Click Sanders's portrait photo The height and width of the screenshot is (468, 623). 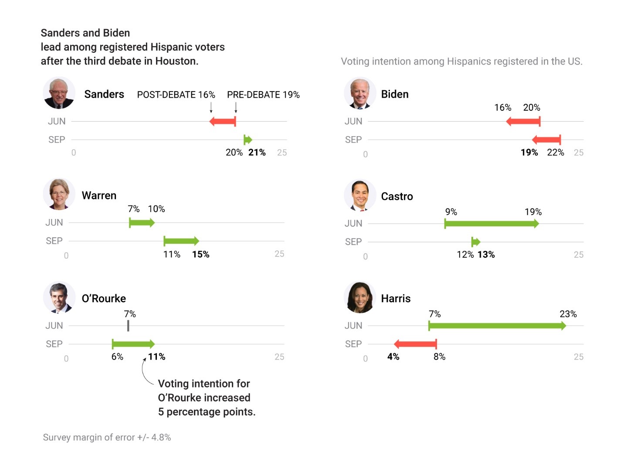pos(59,93)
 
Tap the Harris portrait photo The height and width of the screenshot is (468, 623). pos(360,297)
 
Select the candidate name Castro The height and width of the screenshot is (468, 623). pos(396,196)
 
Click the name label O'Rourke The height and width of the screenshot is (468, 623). pos(104,298)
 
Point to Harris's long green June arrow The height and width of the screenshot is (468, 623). pos(497,326)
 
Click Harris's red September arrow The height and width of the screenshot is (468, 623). pos(415,344)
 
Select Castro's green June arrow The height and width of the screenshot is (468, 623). pos(491,224)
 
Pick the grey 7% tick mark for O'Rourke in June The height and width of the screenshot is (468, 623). pos(128,326)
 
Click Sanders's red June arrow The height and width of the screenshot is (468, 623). pos(223,121)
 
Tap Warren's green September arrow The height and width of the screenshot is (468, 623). pos(181,241)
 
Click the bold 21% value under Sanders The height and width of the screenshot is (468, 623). pos(257,152)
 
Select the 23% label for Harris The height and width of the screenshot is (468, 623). pos(568,314)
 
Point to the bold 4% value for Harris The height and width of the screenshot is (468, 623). pos(393,357)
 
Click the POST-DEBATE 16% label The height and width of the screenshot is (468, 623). pos(176,95)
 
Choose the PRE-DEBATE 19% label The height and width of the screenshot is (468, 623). pos(263,95)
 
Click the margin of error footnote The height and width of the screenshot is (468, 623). pos(107,437)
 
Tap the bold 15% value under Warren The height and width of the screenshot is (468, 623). pos(200,254)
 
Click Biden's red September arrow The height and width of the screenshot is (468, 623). pos(546,140)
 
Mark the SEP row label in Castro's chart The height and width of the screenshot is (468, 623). pos(353,242)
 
